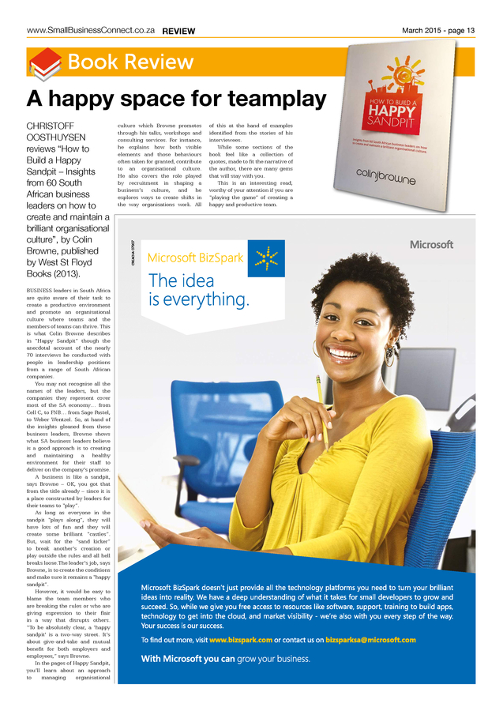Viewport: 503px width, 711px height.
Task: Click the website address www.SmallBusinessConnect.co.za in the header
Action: tap(91, 30)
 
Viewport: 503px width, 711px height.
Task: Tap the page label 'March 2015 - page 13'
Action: tap(438, 30)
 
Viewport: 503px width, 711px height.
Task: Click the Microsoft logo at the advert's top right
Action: tap(431, 245)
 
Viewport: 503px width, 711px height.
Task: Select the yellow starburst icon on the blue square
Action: tap(266, 258)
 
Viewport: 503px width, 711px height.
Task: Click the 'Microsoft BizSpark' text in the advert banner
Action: tap(195, 258)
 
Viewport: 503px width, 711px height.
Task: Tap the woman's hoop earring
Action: tap(317, 348)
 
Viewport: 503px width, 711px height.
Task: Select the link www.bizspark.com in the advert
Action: tap(241, 639)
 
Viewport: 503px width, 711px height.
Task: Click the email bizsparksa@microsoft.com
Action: tap(370, 639)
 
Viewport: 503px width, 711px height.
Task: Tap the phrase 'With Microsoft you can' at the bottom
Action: tap(187, 658)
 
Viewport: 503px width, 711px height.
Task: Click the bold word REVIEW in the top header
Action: tap(178, 31)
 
